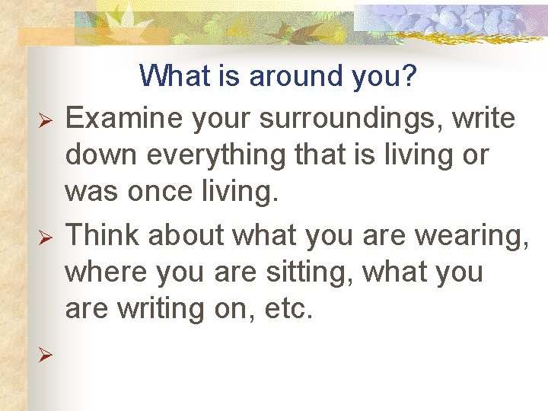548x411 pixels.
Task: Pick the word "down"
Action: click(x=98, y=156)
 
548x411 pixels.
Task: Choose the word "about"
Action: click(x=186, y=235)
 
